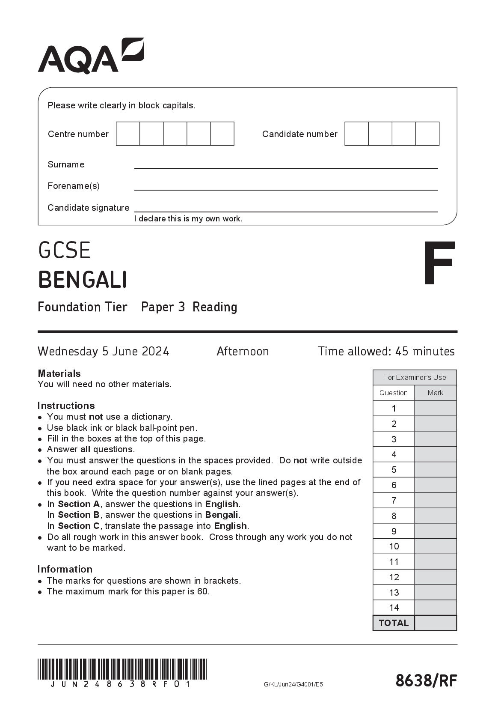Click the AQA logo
(x=91, y=56)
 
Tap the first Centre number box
(x=128, y=134)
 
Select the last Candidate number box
(x=427, y=134)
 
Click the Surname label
(x=66, y=164)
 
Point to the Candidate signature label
(x=88, y=208)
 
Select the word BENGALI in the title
(x=83, y=280)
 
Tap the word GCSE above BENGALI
(x=64, y=251)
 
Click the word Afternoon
(x=243, y=352)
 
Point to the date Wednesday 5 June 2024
(x=103, y=352)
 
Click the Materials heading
(x=59, y=373)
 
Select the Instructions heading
(x=66, y=406)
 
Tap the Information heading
(x=65, y=569)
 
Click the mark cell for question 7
(x=435, y=500)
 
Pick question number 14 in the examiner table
(x=394, y=608)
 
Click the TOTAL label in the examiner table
(x=394, y=623)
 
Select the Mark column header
(x=435, y=393)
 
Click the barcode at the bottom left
(x=122, y=669)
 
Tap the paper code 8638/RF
(x=426, y=680)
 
